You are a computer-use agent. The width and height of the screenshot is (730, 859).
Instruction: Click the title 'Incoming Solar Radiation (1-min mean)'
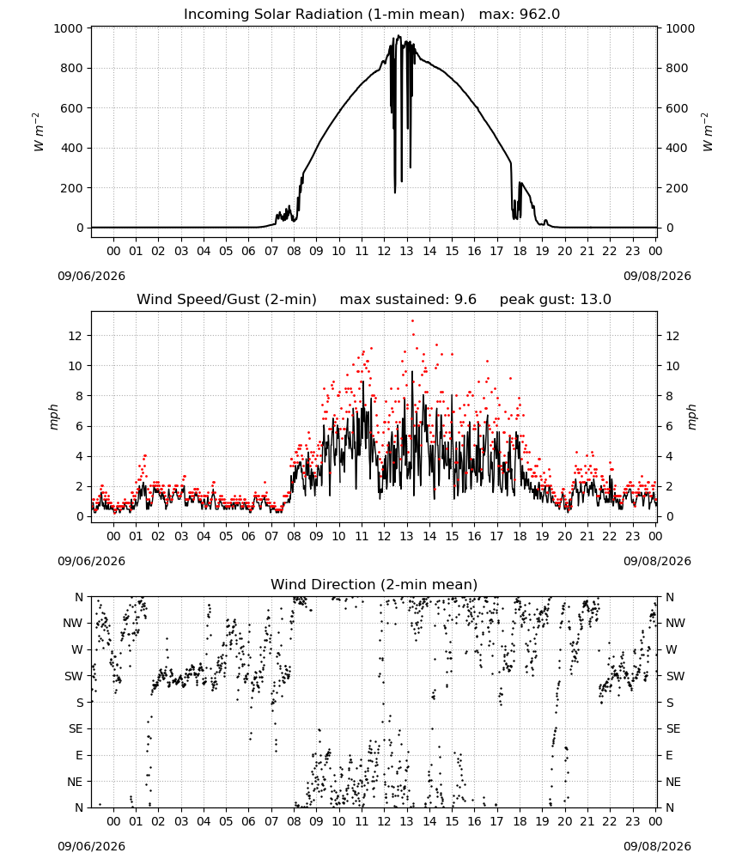(x=324, y=15)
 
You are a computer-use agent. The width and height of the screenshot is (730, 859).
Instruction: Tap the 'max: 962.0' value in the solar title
(x=520, y=15)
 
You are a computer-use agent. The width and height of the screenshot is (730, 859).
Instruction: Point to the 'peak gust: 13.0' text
(x=556, y=300)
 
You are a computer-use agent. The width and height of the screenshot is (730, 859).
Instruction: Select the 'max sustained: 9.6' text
(x=408, y=300)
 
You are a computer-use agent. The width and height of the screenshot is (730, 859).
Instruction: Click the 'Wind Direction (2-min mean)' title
(x=374, y=584)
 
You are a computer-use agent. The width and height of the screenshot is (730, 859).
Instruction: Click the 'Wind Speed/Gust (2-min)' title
(x=227, y=300)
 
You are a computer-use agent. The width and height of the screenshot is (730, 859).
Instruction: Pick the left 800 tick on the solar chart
(x=73, y=69)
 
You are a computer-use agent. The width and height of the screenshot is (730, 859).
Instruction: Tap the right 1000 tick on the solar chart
(x=680, y=28)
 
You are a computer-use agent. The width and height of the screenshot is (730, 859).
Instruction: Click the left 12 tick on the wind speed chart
(x=76, y=336)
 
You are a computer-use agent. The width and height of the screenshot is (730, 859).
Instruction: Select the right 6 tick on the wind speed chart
(x=669, y=426)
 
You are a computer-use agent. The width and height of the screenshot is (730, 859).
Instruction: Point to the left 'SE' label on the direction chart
(x=76, y=729)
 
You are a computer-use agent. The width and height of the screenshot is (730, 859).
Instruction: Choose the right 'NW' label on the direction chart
(x=675, y=624)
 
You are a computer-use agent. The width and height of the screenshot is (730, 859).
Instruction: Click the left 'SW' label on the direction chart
(x=74, y=677)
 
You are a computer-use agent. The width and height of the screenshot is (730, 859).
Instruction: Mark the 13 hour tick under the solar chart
(x=406, y=251)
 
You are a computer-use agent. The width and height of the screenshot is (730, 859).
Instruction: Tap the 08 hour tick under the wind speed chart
(x=294, y=536)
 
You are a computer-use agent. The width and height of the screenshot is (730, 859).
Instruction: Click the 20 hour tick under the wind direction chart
(x=564, y=822)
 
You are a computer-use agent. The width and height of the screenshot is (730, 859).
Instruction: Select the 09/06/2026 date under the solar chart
(x=91, y=276)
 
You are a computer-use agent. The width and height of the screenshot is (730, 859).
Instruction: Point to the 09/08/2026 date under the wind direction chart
(x=657, y=846)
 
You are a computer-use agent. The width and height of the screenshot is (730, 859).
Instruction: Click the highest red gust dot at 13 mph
(x=412, y=321)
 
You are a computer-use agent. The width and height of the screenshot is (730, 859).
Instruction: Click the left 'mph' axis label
(x=53, y=417)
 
